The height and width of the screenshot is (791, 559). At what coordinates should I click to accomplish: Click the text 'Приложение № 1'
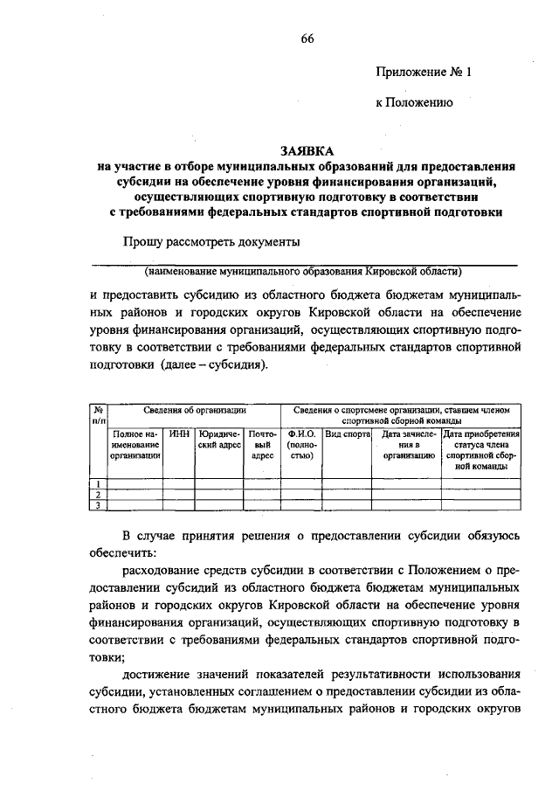423,73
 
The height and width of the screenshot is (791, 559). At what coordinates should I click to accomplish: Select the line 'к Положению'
413,102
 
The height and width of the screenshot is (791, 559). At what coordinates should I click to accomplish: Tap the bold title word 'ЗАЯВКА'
307,149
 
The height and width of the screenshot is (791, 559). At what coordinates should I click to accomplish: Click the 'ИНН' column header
179,434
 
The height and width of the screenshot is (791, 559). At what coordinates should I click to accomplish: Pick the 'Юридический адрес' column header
218,439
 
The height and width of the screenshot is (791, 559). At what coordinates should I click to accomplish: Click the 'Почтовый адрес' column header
262,444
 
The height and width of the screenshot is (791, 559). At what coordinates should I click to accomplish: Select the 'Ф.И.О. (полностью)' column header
300,444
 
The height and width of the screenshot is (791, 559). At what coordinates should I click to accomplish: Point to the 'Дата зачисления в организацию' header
405,444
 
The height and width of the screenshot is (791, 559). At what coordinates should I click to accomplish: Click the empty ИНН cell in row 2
179,495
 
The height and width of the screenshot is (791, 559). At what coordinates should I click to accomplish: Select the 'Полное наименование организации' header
135,444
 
